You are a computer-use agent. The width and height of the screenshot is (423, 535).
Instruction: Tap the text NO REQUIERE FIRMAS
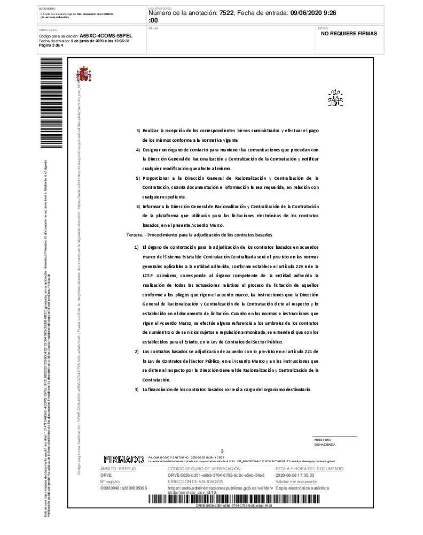349,33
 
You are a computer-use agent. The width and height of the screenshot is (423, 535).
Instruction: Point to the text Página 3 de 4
51,45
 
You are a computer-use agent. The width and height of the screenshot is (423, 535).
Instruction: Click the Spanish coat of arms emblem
84,74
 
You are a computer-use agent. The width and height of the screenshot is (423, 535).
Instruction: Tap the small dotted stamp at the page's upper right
335,98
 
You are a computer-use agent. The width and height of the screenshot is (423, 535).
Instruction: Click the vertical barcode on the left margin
51,102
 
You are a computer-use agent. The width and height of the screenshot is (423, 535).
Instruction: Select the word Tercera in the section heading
134,235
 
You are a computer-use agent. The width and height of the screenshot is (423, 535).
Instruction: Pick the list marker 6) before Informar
138,206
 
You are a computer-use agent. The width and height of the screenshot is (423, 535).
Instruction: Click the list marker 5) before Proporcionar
138,178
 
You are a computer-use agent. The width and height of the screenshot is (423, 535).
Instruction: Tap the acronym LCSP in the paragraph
147,276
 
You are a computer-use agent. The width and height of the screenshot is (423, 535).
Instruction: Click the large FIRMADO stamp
124,460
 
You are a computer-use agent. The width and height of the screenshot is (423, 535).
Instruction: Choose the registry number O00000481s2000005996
123,488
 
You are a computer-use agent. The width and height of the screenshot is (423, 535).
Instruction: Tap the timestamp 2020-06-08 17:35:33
294,475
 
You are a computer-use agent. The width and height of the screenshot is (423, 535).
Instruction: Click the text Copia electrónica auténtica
302,488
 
